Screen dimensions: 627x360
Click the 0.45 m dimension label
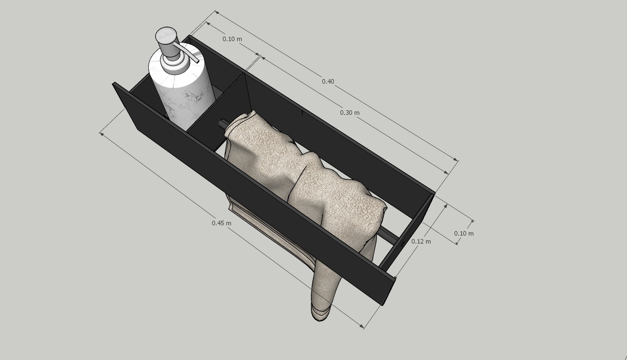click(x=221, y=223)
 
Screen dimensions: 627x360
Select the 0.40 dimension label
click(x=328, y=81)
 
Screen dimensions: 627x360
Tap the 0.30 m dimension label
click(x=349, y=113)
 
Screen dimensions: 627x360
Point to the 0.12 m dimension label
click(x=421, y=242)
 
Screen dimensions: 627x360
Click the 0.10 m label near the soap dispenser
click(x=232, y=39)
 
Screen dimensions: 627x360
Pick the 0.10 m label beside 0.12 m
click(x=464, y=234)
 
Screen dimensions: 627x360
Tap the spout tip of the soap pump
click(x=198, y=61)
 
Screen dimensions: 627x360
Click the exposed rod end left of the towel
click(x=223, y=123)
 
